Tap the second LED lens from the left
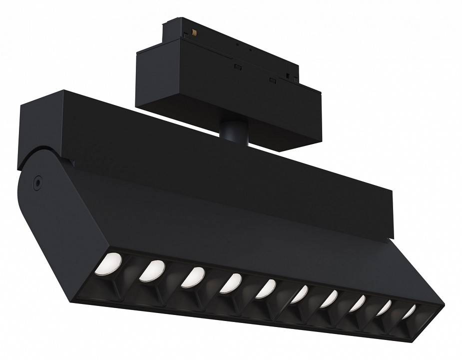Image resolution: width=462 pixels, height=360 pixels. [153, 270]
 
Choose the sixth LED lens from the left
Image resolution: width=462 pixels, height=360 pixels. [299, 294]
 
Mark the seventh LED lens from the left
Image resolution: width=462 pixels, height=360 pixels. [329, 299]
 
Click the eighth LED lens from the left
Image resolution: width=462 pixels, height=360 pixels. [358, 303]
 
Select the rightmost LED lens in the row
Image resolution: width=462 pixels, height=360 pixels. [409, 312]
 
